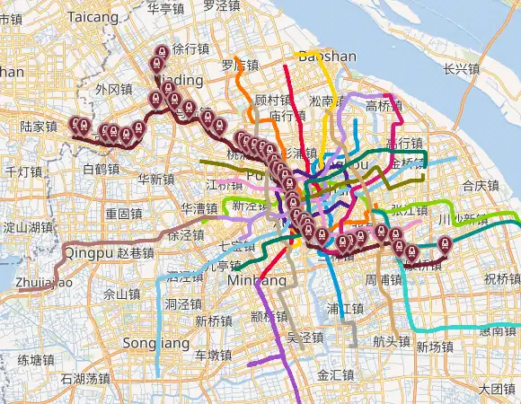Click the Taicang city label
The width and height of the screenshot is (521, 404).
[x=93, y=16]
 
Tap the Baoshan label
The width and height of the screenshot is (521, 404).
[x=327, y=56]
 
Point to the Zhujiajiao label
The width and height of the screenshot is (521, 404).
[x=42, y=283]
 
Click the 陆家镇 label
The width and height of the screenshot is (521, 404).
[x=39, y=127]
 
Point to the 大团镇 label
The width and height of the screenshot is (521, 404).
[x=496, y=390]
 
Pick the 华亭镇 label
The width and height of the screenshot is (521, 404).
[x=165, y=8]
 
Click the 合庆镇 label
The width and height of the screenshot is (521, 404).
[x=480, y=186]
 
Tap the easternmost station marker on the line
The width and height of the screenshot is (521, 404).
[x=444, y=242]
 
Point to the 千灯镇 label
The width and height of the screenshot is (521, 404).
[x=24, y=171]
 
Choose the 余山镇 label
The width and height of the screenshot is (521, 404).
[x=121, y=294]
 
